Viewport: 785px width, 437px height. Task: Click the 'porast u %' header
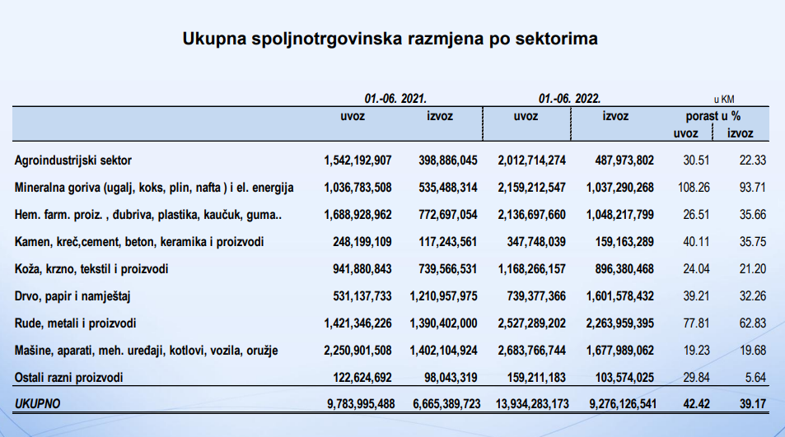point(713,117)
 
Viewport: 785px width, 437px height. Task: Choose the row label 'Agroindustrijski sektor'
point(73,160)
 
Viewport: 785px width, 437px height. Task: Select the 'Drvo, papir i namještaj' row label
point(74,295)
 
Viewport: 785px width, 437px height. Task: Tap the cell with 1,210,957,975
point(443,295)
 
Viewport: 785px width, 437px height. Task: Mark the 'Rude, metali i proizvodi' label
point(76,323)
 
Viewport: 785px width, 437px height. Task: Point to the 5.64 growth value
point(755,377)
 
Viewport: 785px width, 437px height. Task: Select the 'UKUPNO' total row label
point(38,404)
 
